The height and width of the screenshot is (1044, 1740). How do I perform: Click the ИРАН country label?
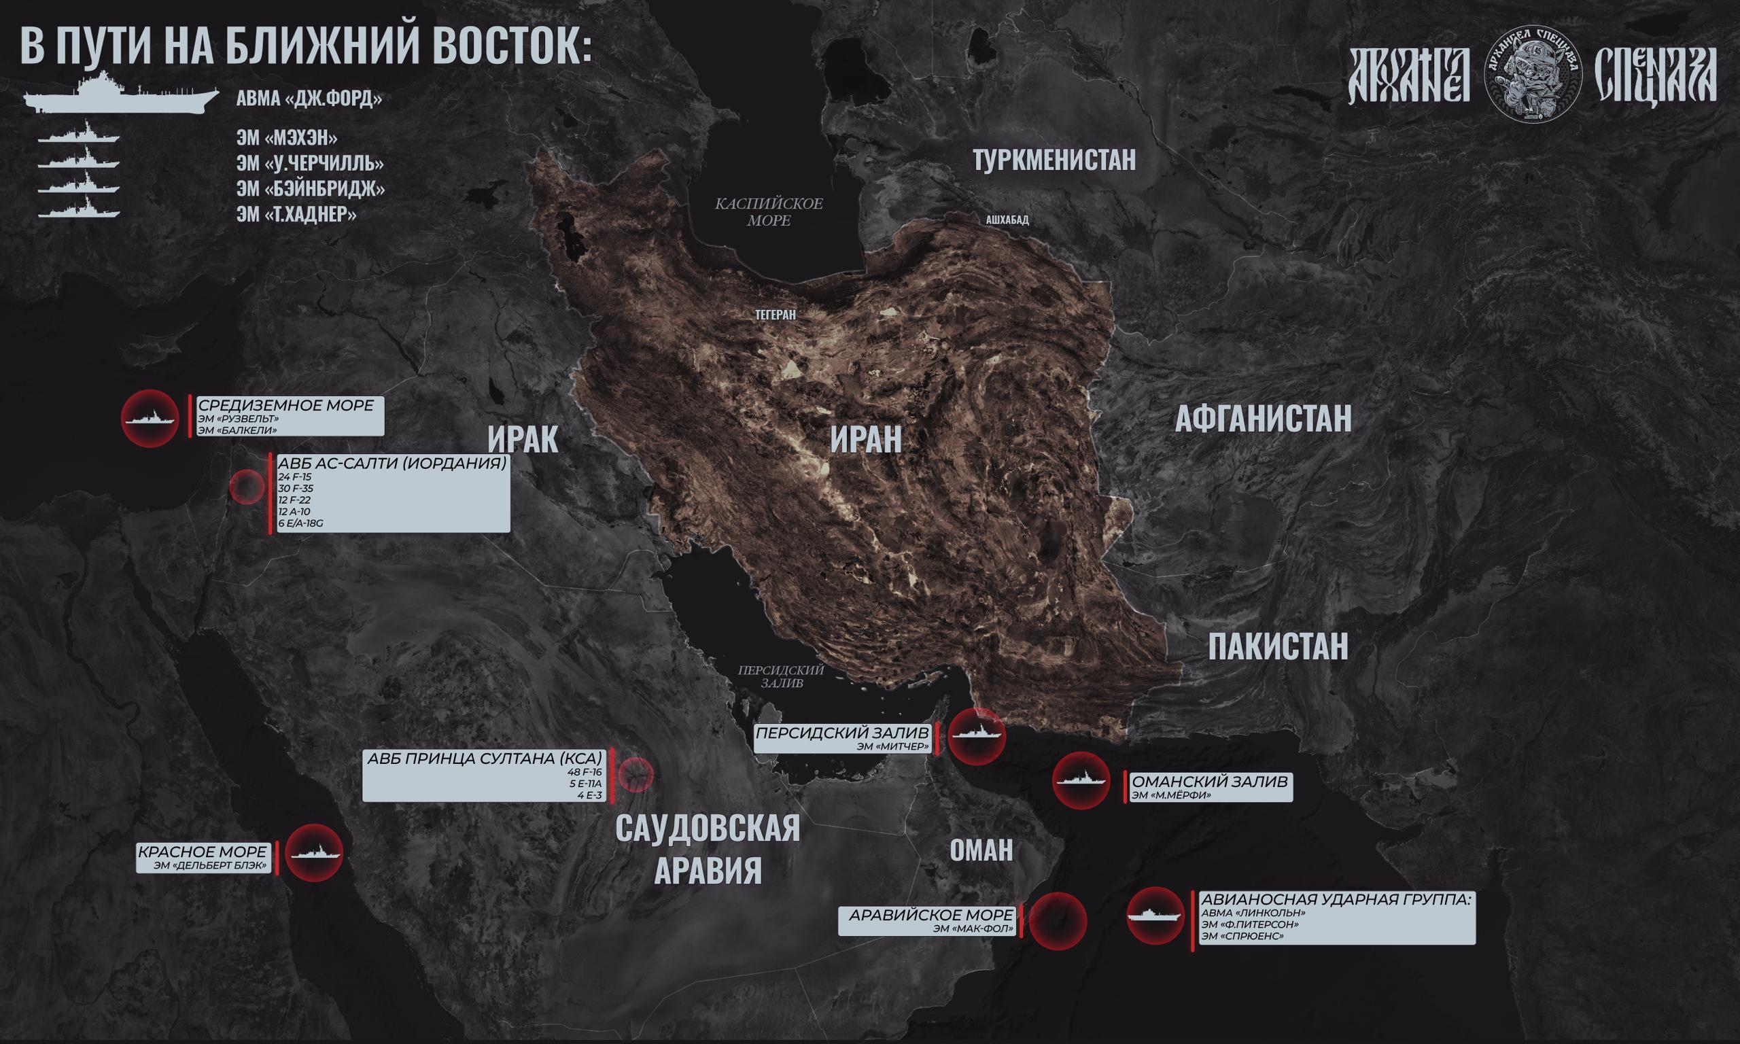pyautogui.click(x=866, y=440)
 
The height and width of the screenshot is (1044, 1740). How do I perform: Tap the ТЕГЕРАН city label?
pyautogui.click(x=775, y=315)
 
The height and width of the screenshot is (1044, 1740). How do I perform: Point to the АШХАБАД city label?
pyautogui.click(x=1007, y=220)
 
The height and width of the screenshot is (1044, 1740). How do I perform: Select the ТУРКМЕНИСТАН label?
pyautogui.click(x=1054, y=160)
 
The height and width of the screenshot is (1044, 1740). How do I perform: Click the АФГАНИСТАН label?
pyautogui.click(x=1263, y=419)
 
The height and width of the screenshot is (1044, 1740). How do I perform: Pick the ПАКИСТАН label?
pyautogui.click(x=1278, y=646)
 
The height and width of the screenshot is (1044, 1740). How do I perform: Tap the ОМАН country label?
pyautogui.click(x=981, y=850)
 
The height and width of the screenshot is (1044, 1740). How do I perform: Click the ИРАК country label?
pyautogui.click(x=523, y=440)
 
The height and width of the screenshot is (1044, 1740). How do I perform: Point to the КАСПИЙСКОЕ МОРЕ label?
pyautogui.click(x=769, y=212)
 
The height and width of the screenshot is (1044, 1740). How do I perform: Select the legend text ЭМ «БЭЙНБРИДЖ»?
pyautogui.click(x=310, y=189)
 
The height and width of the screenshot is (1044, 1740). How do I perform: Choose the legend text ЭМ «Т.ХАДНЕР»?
pyautogui.click(x=296, y=215)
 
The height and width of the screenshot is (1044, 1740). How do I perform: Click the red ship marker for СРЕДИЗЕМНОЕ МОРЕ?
pyautogui.click(x=150, y=419)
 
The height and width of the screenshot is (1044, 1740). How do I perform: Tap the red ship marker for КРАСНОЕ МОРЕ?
pyautogui.click(x=315, y=852)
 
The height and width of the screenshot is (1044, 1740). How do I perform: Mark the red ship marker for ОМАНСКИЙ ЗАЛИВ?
pyautogui.click(x=1081, y=780)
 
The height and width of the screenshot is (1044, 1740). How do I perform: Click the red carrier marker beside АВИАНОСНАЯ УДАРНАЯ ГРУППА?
pyautogui.click(x=1155, y=916)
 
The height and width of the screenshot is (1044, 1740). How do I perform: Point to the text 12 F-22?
pyautogui.click(x=295, y=500)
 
